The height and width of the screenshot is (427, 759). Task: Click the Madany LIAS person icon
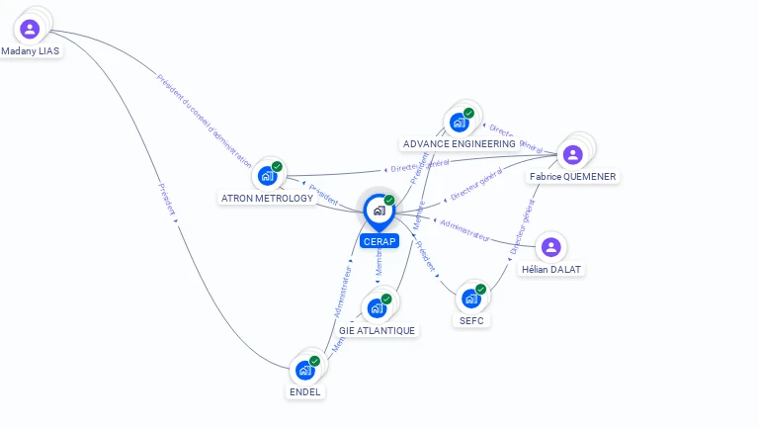point(29,29)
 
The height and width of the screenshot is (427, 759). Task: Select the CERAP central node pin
point(379,211)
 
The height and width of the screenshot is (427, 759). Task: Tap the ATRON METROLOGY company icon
point(267,175)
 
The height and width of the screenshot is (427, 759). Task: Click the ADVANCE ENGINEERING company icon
point(459,122)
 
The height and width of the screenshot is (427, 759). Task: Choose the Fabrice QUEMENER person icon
point(572,154)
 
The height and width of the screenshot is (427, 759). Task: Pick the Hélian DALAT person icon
point(551,247)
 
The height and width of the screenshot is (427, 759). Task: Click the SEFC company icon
point(471,298)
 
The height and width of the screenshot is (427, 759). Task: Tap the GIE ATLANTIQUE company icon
point(377,307)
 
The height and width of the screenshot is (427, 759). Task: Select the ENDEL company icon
point(304,370)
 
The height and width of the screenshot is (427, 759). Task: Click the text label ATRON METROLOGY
point(267,198)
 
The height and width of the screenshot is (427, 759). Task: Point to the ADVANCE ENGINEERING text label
point(460,144)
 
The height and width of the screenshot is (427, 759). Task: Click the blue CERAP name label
point(379,241)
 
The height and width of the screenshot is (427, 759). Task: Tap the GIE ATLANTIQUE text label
point(377,330)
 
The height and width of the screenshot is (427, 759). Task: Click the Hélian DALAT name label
point(551,269)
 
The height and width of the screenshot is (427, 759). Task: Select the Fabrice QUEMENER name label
point(573,177)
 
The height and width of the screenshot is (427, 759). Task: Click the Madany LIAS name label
point(31,51)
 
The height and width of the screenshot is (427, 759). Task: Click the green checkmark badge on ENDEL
point(314,361)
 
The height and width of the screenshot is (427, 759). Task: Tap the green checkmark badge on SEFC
point(481,289)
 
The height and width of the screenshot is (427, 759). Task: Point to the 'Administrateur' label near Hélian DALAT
point(464,230)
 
